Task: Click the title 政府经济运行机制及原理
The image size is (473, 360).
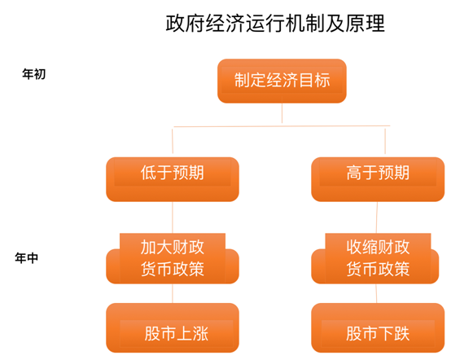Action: [x=275, y=24]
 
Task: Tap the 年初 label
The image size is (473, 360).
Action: [x=34, y=74]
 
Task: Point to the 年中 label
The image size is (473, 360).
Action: [x=27, y=258]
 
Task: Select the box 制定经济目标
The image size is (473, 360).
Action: [x=282, y=81]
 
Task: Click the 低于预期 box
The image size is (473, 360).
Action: [x=173, y=179]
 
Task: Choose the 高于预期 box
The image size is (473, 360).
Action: [x=378, y=179]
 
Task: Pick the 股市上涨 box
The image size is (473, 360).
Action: [x=173, y=327]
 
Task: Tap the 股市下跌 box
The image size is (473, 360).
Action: [x=378, y=327]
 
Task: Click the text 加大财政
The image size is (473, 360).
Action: [x=173, y=247]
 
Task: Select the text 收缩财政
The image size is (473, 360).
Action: [x=378, y=247]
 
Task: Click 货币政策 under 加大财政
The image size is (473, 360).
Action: [x=173, y=269]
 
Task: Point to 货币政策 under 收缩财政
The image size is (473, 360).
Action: [x=378, y=269]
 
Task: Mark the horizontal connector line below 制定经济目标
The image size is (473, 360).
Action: [x=282, y=126]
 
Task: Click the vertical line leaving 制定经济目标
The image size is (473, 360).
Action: [x=282, y=113]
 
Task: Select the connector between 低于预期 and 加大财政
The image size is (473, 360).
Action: [x=173, y=217]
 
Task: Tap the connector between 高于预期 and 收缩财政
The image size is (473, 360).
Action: [x=377, y=217]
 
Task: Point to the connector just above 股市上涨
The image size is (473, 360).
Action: [x=173, y=293]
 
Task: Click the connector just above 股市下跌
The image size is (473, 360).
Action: [x=376, y=293]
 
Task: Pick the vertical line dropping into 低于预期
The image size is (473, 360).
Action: [x=173, y=141]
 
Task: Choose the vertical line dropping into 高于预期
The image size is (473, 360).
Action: [x=385, y=141]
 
